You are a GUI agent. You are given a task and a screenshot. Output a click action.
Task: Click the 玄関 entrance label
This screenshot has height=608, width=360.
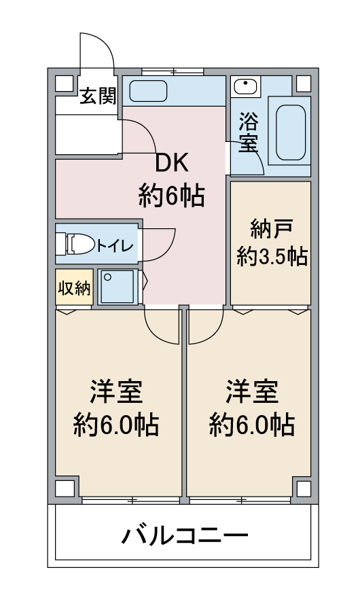(98, 96)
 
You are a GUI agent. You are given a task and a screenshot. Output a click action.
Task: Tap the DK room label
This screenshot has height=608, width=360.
(173, 164)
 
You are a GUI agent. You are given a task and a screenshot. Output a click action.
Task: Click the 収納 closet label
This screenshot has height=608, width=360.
(73, 288)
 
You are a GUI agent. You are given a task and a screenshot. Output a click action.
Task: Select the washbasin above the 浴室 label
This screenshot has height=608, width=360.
(244, 87)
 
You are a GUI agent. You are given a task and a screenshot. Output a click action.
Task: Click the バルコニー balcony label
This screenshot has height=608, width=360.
(184, 537)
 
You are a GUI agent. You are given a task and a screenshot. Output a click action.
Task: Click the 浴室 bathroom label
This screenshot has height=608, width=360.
(249, 132)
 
